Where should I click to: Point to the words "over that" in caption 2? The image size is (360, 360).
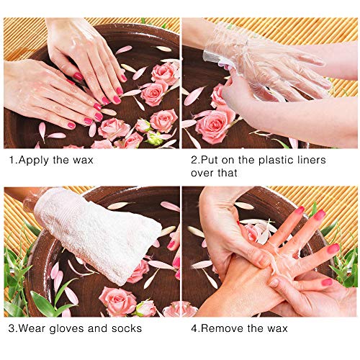[214, 174]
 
